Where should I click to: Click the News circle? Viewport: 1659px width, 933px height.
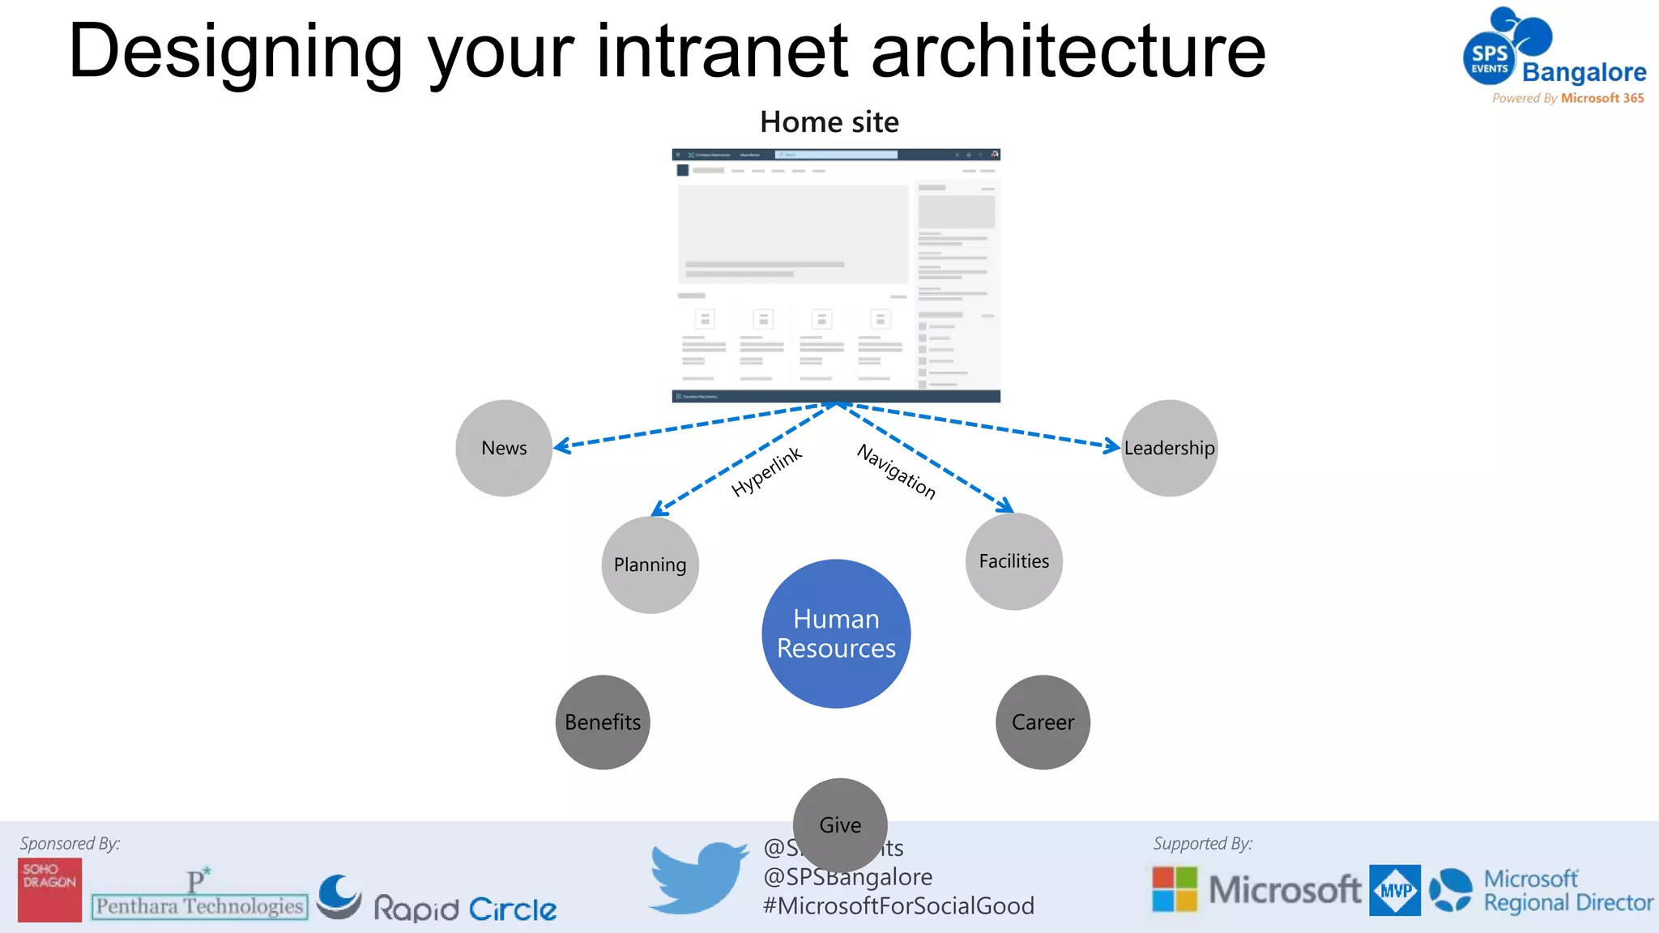click(x=504, y=448)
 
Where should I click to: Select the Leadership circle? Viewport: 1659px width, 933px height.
click(x=1169, y=448)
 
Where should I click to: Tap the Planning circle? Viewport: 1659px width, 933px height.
click(x=650, y=564)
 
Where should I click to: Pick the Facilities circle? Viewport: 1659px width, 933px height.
click(x=1013, y=561)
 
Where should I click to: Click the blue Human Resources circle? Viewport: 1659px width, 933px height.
click(x=836, y=633)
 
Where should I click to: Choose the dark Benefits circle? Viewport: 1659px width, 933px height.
click(x=603, y=722)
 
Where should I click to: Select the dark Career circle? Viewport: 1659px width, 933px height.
click(x=1043, y=722)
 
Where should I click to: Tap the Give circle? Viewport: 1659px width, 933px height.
click(x=840, y=824)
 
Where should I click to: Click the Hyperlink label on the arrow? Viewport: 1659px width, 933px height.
click(x=766, y=471)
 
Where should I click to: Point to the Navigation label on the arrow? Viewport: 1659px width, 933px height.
click(x=897, y=472)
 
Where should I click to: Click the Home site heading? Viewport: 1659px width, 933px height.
click(x=829, y=122)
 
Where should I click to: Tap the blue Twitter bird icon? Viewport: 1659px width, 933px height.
click(x=697, y=877)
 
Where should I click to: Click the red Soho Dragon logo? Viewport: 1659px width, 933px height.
click(x=49, y=889)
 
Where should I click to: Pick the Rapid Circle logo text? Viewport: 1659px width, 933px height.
click(x=465, y=909)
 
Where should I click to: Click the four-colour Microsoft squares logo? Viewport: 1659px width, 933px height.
click(x=1175, y=889)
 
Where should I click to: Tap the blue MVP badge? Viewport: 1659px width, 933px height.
click(x=1394, y=890)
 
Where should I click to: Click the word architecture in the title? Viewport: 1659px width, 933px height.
click(x=1068, y=52)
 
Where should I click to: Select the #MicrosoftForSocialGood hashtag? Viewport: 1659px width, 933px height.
click(x=898, y=905)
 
